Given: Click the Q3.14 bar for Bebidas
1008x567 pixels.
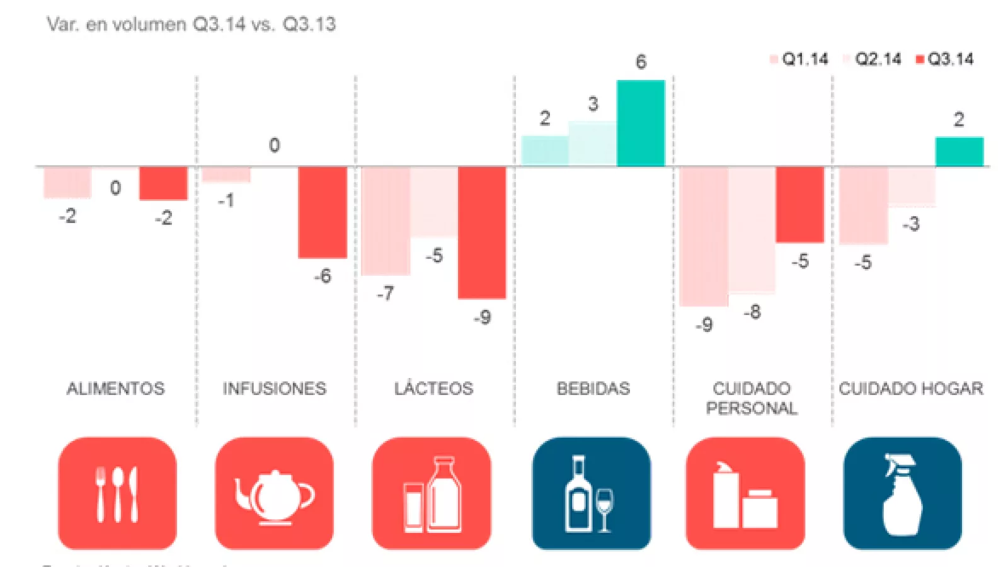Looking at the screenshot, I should pyautogui.click(x=640, y=123).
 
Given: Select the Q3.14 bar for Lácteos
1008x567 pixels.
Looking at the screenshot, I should pyautogui.click(x=482, y=232).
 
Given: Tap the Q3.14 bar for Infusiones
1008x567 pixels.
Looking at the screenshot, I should pyautogui.click(x=322, y=212).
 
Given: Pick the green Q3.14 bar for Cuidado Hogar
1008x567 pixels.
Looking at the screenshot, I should pyautogui.click(x=959, y=152).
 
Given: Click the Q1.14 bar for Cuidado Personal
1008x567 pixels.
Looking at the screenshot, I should pyautogui.click(x=704, y=236).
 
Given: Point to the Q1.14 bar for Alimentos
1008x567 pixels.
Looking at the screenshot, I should pyautogui.click(x=67, y=182).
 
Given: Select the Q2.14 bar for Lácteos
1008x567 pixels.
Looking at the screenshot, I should pyautogui.click(x=433, y=202).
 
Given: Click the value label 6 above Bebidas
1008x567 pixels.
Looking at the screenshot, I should pyautogui.click(x=641, y=62).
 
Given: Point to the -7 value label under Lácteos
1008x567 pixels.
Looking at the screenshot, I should pyautogui.click(x=385, y=294).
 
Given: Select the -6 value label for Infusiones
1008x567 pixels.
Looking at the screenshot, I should pyautogui.click(x=323, y=276).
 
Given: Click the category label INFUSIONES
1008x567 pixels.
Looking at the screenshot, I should pyautogui.click(x=274, y=388).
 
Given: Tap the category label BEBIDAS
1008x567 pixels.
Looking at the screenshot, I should pyautogui.click(x=593, y=388).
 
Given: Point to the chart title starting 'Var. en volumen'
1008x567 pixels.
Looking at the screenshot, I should pyautogui.click(x=191, y=25).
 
